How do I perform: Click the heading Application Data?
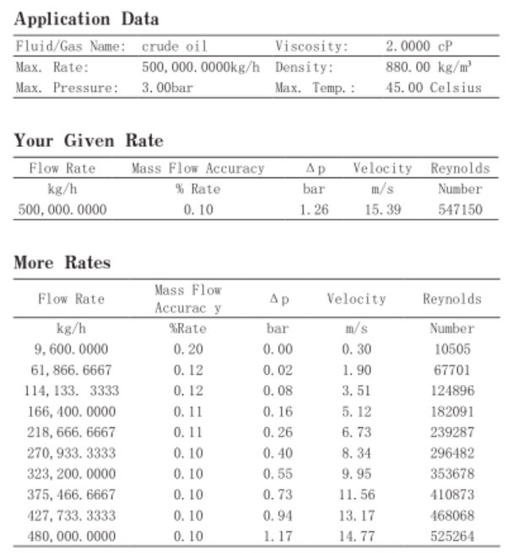87,19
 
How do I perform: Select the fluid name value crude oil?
174,46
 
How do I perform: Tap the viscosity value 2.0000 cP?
419,46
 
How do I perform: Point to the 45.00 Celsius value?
433,87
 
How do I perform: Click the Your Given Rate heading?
89,141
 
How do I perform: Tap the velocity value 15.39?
382,209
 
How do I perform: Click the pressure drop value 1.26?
314,209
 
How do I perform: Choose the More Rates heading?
62,263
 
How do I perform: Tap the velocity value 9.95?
357,474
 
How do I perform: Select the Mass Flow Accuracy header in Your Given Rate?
197,169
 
